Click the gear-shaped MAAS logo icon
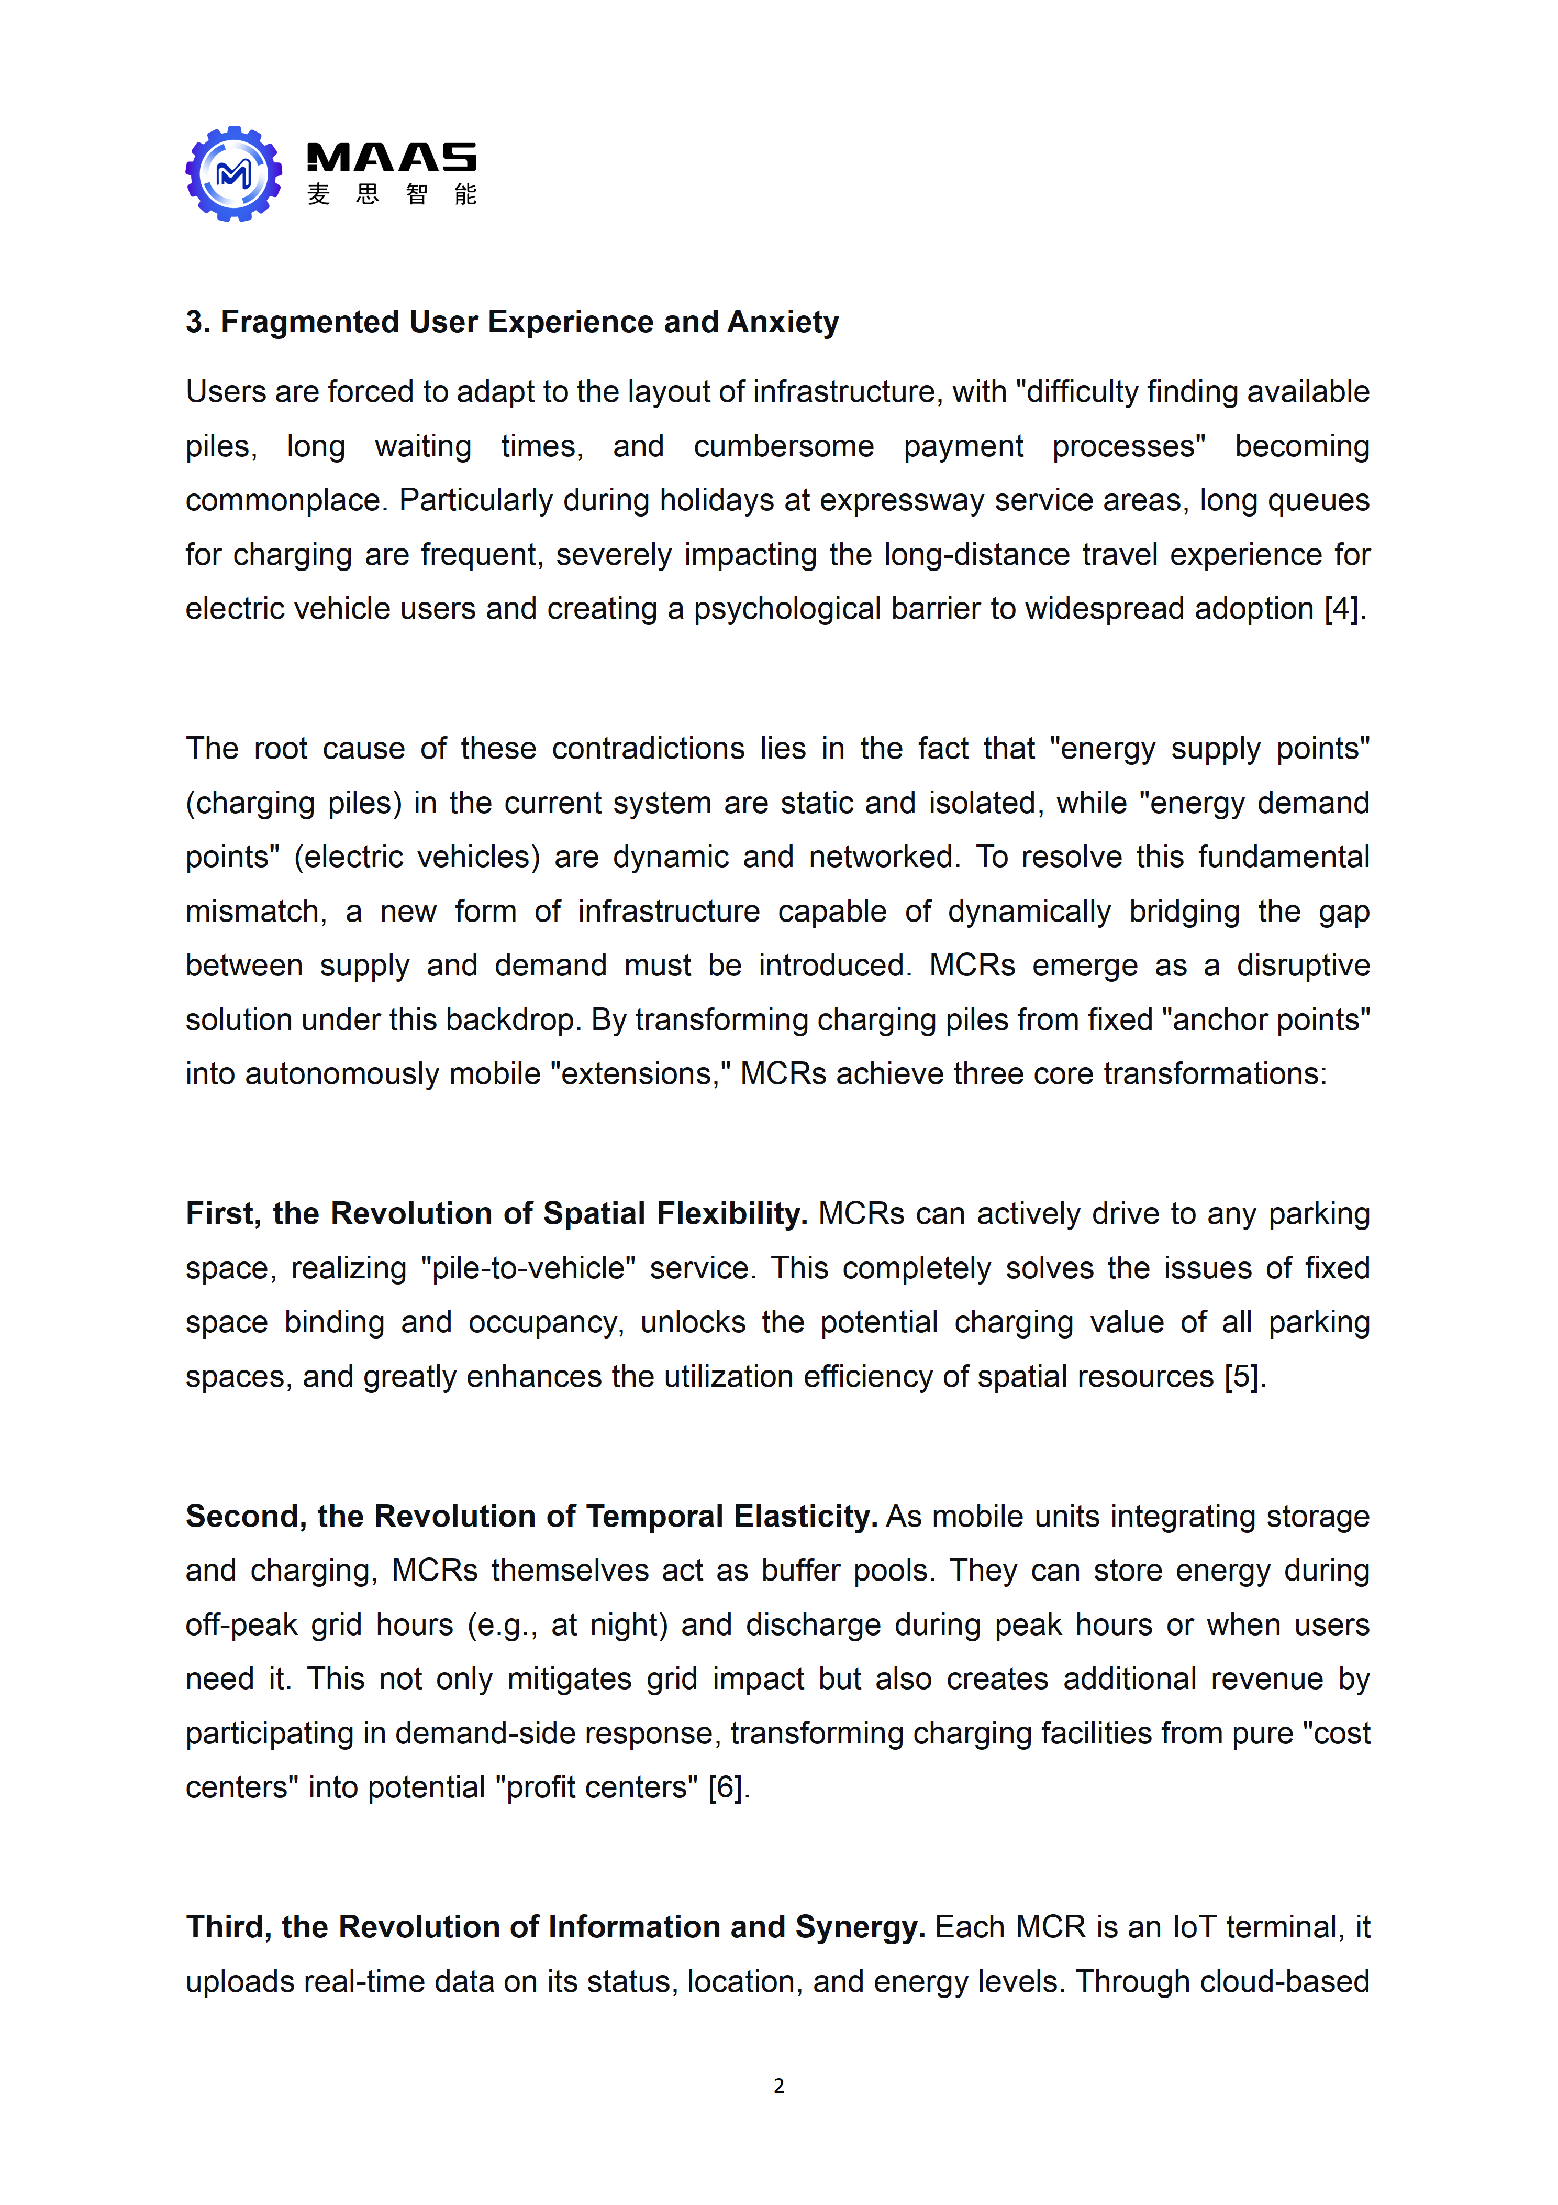click(233, 174)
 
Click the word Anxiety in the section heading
click(782, 322)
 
